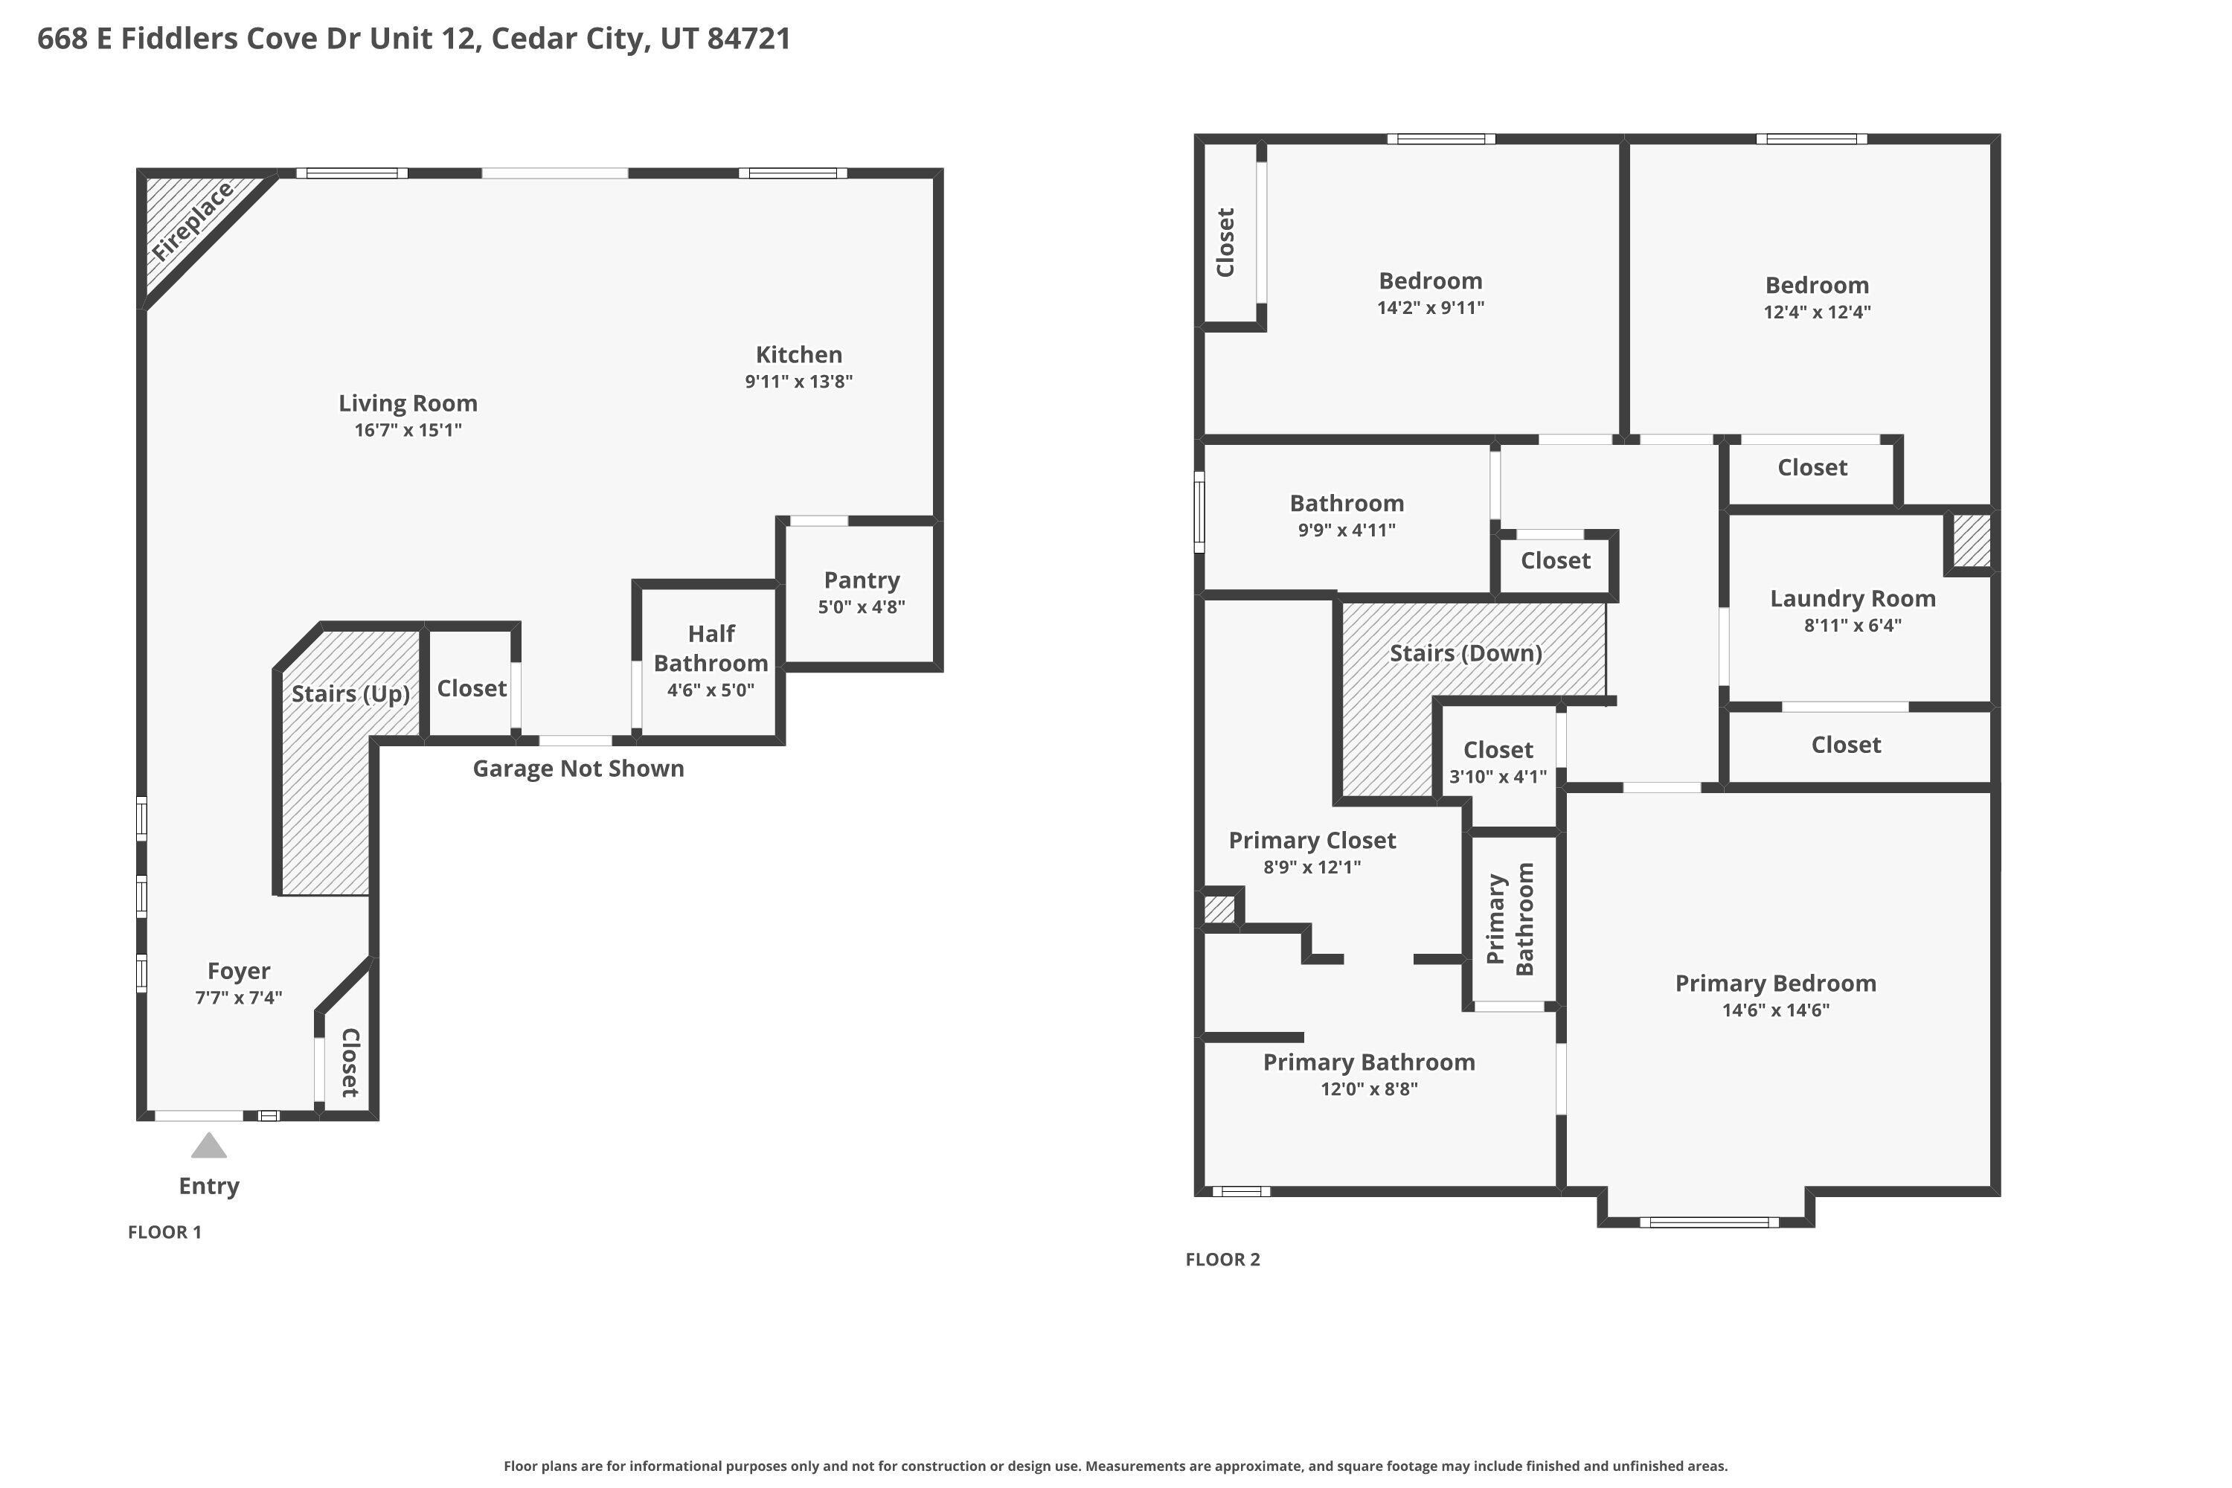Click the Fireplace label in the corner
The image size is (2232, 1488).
193,222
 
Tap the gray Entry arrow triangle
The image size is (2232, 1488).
209,1146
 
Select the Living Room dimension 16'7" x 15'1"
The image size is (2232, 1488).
408,430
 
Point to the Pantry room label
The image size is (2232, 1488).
862,580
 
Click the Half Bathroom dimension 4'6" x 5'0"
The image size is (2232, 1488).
711,690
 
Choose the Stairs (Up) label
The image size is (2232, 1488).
351,693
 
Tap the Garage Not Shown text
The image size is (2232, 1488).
579,768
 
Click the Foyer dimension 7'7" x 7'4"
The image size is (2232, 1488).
239,998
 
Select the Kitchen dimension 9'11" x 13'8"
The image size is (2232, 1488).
799,382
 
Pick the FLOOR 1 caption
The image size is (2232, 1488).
165,1232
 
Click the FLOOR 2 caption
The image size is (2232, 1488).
1223,1260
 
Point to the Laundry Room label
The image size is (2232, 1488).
1853,599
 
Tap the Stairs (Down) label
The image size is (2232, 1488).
1466,653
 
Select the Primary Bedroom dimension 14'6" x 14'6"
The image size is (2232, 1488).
1775,1010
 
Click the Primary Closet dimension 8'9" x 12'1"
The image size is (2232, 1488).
1312,867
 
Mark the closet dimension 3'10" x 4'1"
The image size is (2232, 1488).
1498,776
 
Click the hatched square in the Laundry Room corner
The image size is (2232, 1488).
1970,542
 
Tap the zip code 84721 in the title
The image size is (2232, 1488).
748,39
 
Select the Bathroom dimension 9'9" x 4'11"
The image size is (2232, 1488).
1347,530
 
